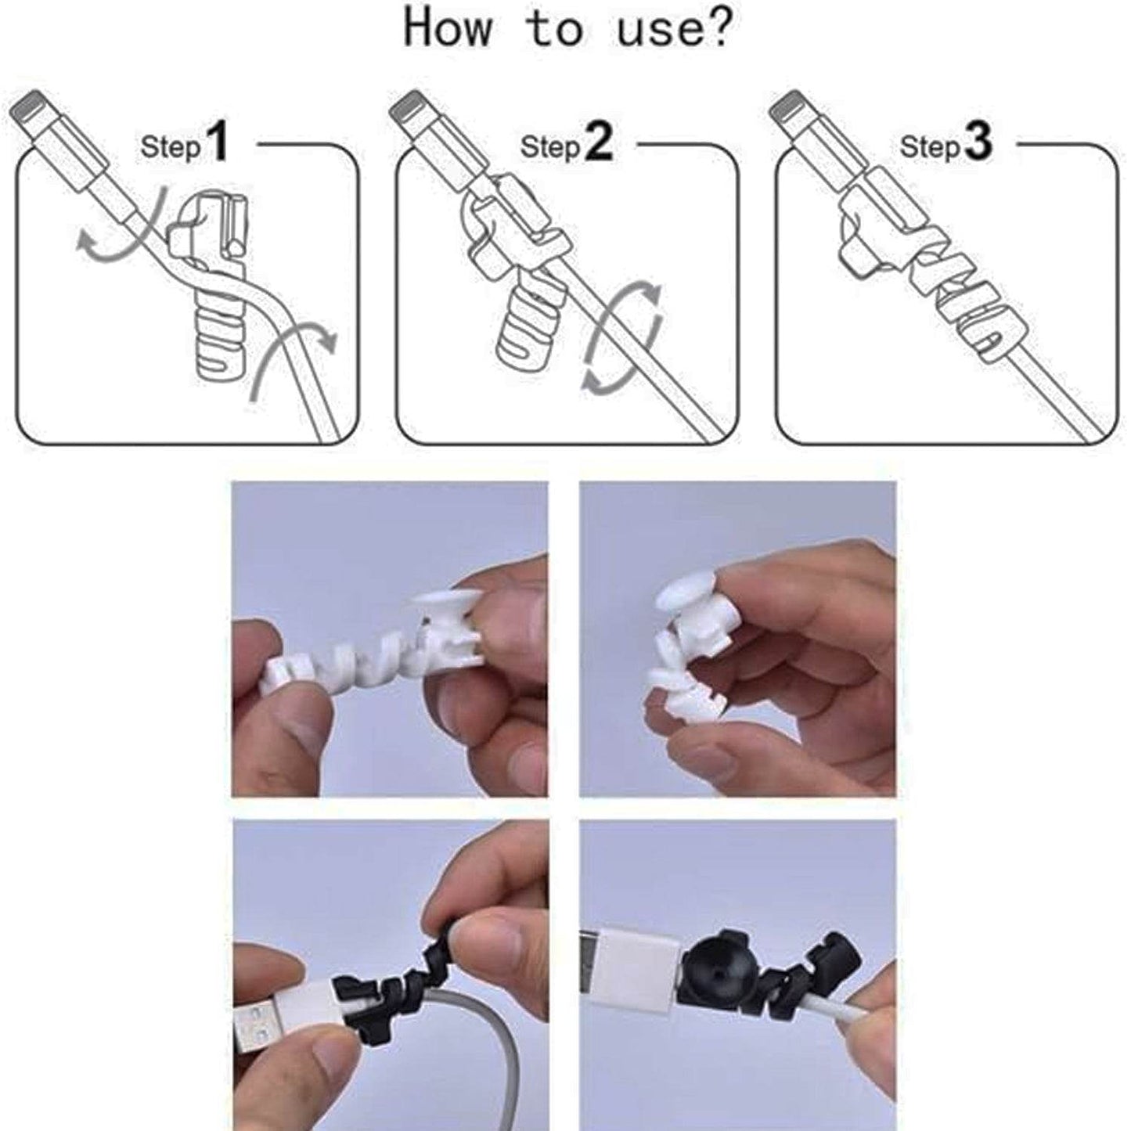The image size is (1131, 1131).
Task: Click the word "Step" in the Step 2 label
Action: click(550, 146)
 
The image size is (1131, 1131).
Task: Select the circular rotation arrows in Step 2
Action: click(624, 337)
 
